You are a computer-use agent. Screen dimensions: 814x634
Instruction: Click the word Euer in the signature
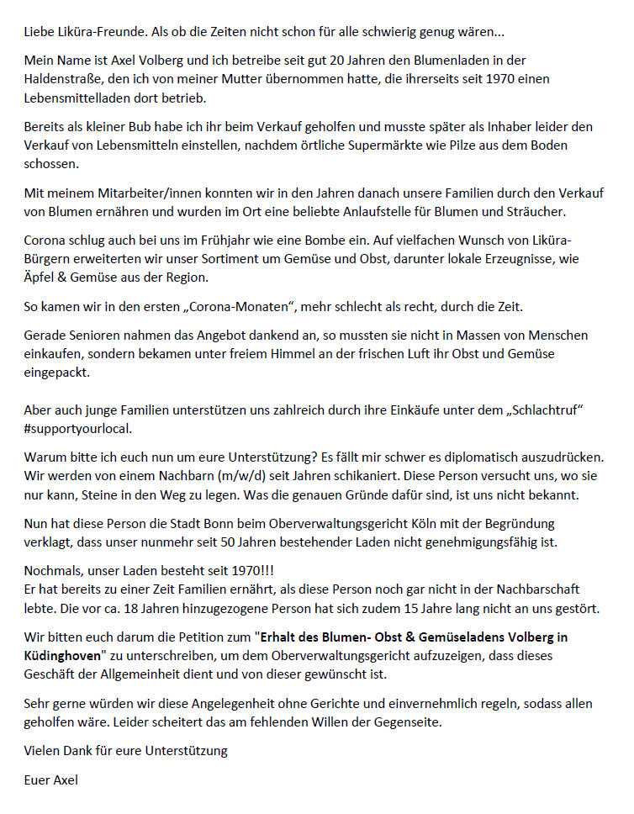point(38,780)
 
